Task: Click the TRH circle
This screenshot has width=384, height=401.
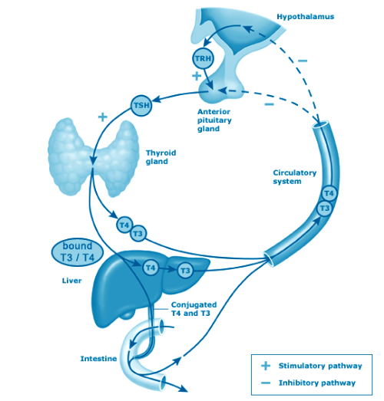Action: coord(203,58)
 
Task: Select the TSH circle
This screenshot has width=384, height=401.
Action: coord(141,105)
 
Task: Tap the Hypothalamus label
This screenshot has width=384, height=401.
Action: coord(306,17)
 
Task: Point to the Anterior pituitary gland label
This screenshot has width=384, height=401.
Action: coord(214,120)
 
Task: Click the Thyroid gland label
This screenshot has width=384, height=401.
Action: coord(161,157)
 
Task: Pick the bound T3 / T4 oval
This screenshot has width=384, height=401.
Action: coord(78,251)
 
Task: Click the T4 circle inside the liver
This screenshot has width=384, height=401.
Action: coord(151,268)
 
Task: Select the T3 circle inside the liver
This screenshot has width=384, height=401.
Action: coord(185,271)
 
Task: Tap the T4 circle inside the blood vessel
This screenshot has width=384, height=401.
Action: coord(329,193)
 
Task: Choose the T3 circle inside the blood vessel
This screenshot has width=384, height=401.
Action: coord(325,209)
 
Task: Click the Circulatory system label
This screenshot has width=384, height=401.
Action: coord(295,177)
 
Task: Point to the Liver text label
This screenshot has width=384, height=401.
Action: coord(71,281)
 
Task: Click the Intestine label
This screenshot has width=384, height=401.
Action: coord(98,359)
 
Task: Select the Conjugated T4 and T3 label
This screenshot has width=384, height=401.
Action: coord(194,309)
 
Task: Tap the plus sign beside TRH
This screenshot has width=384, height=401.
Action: coord(197,76)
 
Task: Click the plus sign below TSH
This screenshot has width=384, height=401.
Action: coord(103,117)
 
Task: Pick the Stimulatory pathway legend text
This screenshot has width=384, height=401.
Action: coord(320,366)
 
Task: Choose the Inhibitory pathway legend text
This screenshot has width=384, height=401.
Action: coord(317,383)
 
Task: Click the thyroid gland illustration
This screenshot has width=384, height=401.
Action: coord(93,156)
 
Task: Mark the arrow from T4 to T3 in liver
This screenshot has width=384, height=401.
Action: coord(167,269)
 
